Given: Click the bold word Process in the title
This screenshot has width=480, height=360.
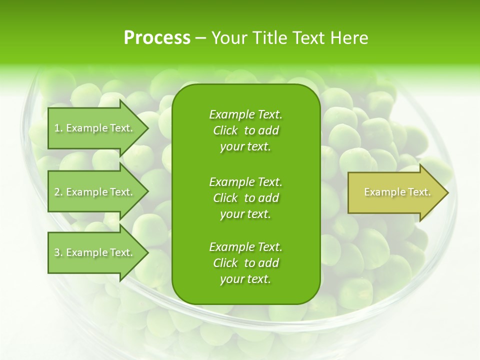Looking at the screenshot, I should click(x=157, y=38).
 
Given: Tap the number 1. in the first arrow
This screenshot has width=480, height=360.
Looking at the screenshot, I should click(x=58, y=128).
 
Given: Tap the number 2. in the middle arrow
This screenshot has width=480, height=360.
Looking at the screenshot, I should click(x=58, y=192).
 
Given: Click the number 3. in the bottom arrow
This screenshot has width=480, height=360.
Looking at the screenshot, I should click(x=58, y=252).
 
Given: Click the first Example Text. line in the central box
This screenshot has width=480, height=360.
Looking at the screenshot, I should click(x=245, y=114).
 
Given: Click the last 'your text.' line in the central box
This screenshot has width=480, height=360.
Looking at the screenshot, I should click(x=245, y=279).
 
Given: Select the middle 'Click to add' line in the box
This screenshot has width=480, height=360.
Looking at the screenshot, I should click(x=245, y=198).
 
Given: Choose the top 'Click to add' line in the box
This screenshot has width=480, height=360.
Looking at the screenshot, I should click(x=245, y=130).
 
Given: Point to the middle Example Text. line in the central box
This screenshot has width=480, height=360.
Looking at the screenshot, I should click(x=245, y=181).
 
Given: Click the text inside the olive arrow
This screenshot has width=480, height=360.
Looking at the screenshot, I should click(x=397, y=192).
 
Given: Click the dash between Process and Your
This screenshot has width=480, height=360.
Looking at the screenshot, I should click(x=200, y=38).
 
